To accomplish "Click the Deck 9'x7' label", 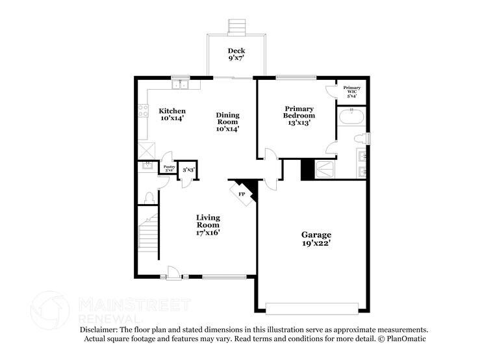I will click(236, 55).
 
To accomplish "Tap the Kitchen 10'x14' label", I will click(173, 115).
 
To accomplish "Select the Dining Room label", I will click(227, 122).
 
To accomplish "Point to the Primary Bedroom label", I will click(299, 116).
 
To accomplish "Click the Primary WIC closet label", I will click(352, 91).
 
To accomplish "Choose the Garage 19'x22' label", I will click(316, 238).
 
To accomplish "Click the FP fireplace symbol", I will click(242, 194).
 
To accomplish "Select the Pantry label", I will click(169, 168).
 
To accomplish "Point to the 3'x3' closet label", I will click(188, 170).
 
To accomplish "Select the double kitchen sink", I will click(179, 84).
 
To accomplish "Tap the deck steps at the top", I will click(236, 27).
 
